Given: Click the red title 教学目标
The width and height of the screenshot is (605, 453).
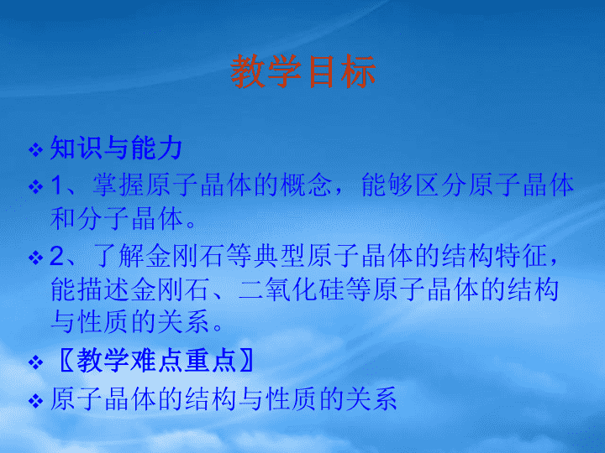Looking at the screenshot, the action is pyautogui.click(x=302, y=71).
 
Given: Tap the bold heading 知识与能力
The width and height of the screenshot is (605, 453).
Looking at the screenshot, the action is pyautogui.click(x=116, y=148).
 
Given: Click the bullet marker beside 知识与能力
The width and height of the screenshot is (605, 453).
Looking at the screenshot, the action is pyautogui.click(x=35, y=149).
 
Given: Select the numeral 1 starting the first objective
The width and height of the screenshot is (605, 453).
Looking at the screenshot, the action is pyautogui.click(x=56, y=185).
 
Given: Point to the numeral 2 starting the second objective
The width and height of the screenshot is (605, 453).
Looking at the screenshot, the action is pyautogui.click(x=57, y=256).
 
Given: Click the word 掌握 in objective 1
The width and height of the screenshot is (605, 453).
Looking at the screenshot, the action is pyautogui.click(x=118, y=185).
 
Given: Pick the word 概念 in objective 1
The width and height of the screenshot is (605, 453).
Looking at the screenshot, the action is pyautogui.click(x=307, y=185).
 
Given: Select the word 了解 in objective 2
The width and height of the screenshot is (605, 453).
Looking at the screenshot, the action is pyautogui.click(x=118, y=256).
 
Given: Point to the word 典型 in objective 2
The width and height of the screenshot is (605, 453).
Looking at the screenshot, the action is pyautogui.click(x=279, y=256).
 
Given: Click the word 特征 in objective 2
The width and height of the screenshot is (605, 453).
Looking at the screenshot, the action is pyautogui.click(x=521, y=256).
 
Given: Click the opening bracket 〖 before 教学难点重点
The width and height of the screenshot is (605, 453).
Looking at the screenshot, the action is pyautogui.click(x=66, y=360).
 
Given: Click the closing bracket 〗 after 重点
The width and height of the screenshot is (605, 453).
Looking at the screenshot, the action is pyautogui.click(x=246, y=360).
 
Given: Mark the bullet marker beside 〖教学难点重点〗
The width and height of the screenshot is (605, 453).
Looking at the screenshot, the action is pyautogui.click(x=35, y=362).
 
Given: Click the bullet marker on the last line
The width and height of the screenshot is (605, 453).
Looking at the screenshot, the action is pyautogui.click(x=35, y=401).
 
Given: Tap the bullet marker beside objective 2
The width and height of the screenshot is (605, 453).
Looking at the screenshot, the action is pyautogui.click(x=35, y=258).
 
